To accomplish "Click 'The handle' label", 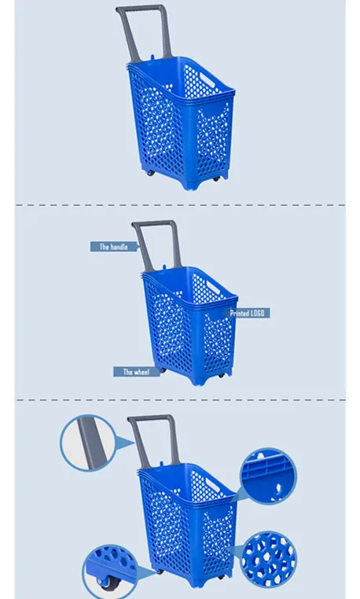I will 113,247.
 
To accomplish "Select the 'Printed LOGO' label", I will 248,313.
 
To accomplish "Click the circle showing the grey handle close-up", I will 87,443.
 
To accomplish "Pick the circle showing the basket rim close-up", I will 269,475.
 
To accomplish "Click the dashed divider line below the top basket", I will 180,205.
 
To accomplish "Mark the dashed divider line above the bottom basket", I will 180,399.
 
